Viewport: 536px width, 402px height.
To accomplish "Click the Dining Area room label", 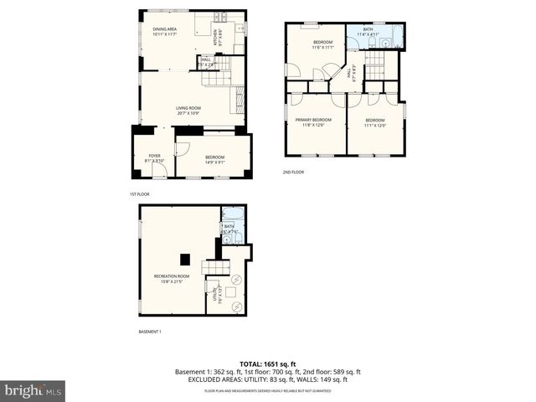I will (164, 31).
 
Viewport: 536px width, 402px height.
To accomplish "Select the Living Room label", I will (188, 109).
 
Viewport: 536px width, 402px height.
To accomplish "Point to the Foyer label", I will (154, 157).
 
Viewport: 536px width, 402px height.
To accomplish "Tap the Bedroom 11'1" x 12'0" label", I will (375, 122).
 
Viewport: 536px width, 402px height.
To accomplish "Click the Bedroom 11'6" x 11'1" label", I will (322, 44).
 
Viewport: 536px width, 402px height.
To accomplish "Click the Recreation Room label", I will (171, 279).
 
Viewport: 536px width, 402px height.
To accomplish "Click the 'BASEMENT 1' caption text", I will (150, 332).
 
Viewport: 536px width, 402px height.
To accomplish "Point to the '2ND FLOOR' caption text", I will (293, 173).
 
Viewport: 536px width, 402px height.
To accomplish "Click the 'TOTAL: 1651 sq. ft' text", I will (267, 363).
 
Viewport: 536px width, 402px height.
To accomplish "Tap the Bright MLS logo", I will (33, 389).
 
